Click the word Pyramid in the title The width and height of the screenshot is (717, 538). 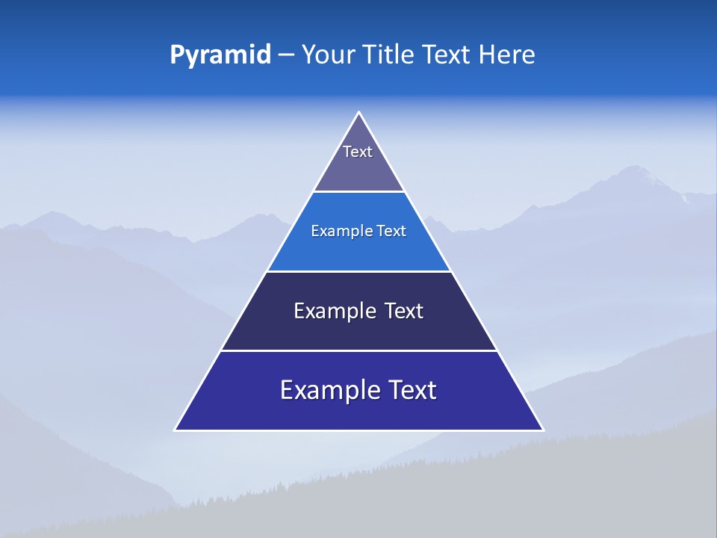(x=220, y=55)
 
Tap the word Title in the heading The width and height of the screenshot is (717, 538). (x=391, y=55)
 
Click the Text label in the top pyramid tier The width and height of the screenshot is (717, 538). (x=358, y=152)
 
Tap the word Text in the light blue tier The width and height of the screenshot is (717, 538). (x=392, y=231)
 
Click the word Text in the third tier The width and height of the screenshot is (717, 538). (x=404, y=311)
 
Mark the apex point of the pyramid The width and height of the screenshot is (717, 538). (x=358, y=113)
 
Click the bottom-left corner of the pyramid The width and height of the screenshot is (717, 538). (x=176, y=430)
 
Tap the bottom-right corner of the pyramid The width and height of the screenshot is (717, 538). (x=542, y=430)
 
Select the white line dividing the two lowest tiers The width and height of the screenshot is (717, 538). (x=358, y=350)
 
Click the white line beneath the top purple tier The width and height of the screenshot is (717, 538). (x=358, y=191)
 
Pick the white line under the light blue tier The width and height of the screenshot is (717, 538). (x=358, y=271)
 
